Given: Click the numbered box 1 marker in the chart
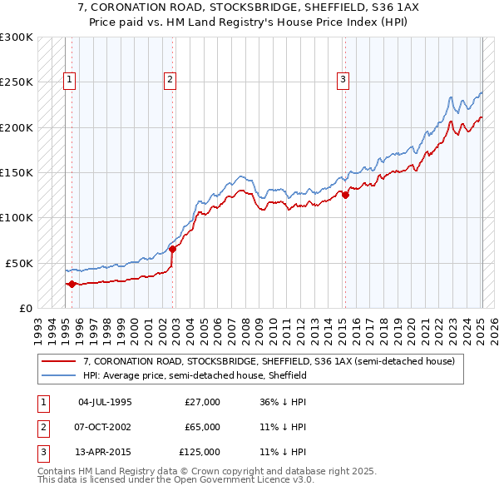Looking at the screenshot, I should pyautogui.click(x=68, y=80).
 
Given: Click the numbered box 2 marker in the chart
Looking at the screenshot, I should pyautogui.click(x=170, y=80).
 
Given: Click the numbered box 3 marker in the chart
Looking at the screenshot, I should pyautogui.click(x=343, y=80).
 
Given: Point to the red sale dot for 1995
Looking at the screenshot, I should pyautogui.click(x=72, y=284).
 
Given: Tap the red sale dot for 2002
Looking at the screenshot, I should pyautogui.click(x=172, y=249).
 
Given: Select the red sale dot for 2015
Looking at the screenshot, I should pyautogui.click(x=345, y=196).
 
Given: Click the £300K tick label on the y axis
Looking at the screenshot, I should pyautogui.click(x=17, y=37).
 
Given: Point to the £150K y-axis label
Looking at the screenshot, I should pyautogui.click(x=17, y=172).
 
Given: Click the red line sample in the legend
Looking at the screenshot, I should pyautogui.click(x=59, y=362).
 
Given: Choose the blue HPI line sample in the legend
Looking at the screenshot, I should pyautogui.click(x=59, y=375).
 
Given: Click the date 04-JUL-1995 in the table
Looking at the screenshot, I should pyautogui.click(x=105, y=402).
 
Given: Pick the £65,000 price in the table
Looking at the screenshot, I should pyautogui.click(x=203, y=427).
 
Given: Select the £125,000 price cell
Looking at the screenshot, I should pyautogui.click(x=200, y=452).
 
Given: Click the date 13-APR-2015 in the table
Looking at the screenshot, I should pyautogui.click(x=105, y=452).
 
